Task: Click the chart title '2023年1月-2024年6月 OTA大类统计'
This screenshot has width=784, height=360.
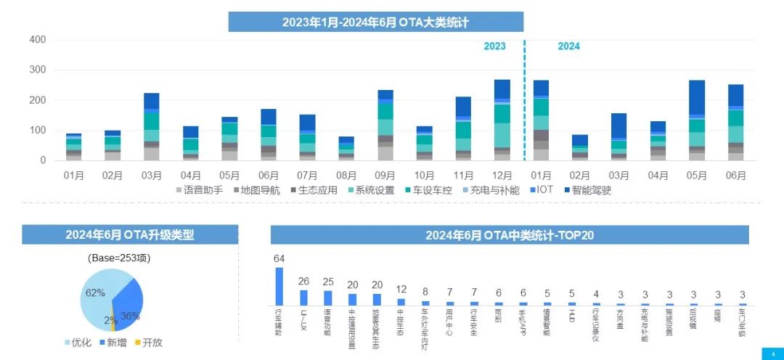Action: pyautogui.click(x=375, y=22)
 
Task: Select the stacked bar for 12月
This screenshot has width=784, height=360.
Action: pyautogui.click(x=502, y=120)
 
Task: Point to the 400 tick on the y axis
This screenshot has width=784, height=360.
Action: pyautogui.click(x=38, y=39)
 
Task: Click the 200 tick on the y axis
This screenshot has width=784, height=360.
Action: pyautogui.click(x=38, y=100)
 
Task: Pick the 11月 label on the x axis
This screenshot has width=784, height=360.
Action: pyautogui.click(x=463, y=175)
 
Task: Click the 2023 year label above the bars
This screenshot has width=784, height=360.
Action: pyautogui.click(x=495, y=46)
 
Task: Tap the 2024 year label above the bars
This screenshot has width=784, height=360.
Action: pyautogui.click(x=568, y=46)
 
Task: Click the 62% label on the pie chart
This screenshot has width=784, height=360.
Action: pyautogui.click(x=95, y=293)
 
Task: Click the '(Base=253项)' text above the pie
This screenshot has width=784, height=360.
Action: pyautogui.click(x=119, y=258)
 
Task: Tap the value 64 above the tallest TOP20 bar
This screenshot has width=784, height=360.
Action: pyautogui.click(x=279, y=259)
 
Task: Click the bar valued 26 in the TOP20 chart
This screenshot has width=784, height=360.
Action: pyautogui.click(x=303, y=298)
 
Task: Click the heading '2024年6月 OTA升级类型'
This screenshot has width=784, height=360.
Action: pyautogui.click(x=129, y=234)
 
